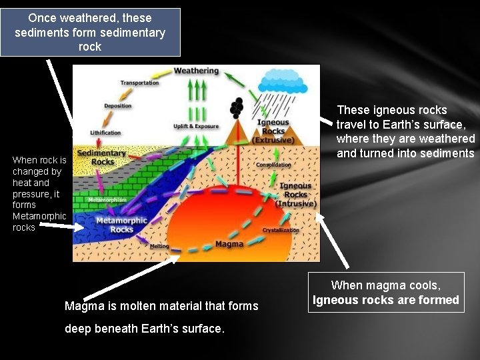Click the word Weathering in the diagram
(196, 71)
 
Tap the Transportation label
(139, 83)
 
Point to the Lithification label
(105, 133)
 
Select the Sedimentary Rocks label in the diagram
(102, 157)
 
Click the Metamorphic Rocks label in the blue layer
(121, 225)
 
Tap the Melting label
(159, 246)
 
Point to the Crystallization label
(281, 230)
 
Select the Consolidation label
(273, 165)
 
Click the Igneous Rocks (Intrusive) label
(296, 194)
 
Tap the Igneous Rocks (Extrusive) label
(273, 131)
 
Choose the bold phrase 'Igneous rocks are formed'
(386, 300)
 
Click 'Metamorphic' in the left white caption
(39, 216)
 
